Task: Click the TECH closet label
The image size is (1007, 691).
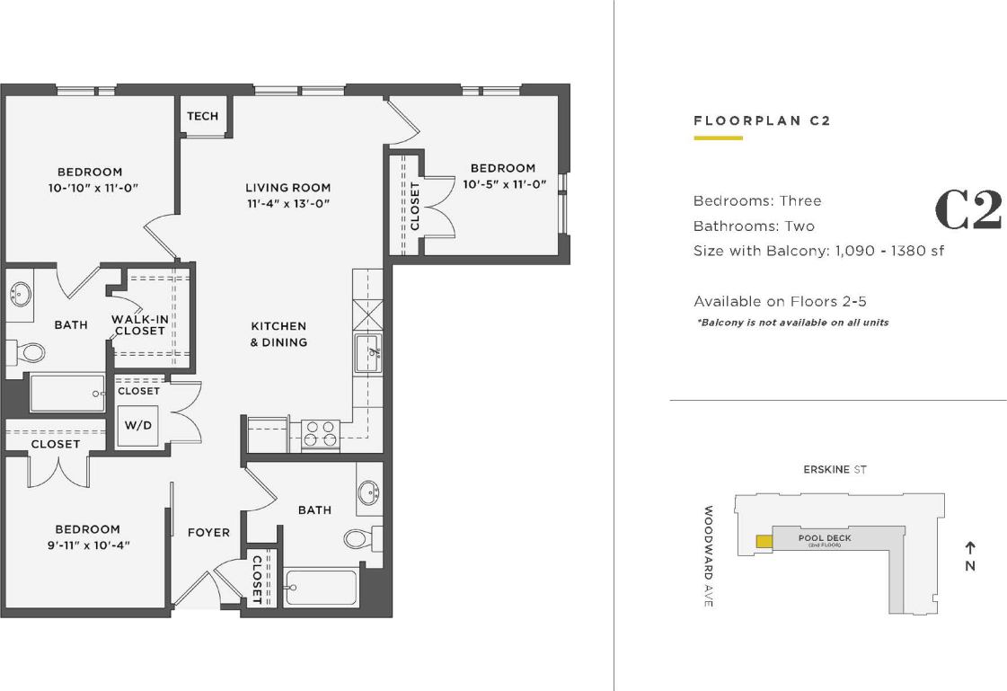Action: click(202, 116)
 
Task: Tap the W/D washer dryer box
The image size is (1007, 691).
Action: click(138, 425)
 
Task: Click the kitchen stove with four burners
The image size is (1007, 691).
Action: click(320, 434)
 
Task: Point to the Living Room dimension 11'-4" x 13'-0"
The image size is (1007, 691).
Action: click(287, 204)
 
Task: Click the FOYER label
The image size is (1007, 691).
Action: click(208, 532)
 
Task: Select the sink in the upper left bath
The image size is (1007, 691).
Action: click(20, 295)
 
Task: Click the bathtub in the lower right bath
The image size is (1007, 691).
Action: click(322, 589)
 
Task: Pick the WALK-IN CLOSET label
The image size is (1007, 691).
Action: click(138, 325)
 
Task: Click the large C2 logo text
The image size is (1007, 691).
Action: click(967, 210)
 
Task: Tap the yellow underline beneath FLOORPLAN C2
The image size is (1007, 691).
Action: click(718, 138)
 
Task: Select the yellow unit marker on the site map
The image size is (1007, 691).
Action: click(764, 541)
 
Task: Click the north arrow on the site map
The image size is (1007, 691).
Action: click(970, 546)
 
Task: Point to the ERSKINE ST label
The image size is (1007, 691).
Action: click(835, 470)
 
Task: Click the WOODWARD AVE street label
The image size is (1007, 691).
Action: click(708, 556)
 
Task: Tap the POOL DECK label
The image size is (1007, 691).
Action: click(825, 539)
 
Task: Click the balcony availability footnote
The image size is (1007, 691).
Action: click(792, 323)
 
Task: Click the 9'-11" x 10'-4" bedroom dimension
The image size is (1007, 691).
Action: click(87, 545)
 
